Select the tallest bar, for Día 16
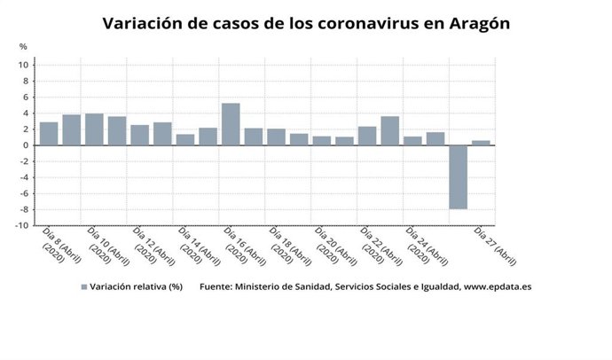231,124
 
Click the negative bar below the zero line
458,176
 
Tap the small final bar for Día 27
481,143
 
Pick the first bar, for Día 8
49,134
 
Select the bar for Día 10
94,129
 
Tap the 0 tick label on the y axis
29,145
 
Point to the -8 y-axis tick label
27,209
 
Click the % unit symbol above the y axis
23,46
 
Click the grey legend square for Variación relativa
85,287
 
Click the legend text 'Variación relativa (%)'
137,287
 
